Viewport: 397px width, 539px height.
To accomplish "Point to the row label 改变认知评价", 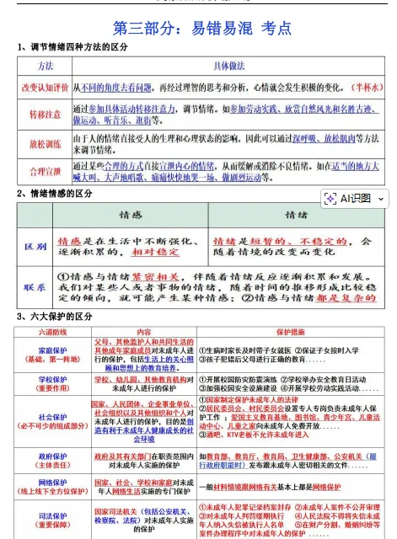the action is click(x=45, y=87).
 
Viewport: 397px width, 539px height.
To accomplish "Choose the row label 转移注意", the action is click(x=45, y=114).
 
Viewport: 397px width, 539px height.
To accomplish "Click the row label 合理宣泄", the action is click(x=45, y=171).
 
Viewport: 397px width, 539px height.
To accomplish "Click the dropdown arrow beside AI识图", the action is click(x=382, y=199).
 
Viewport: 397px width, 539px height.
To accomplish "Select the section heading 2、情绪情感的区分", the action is click(x=56, y=194).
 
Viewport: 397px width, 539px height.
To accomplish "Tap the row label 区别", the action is click(x=35, y=246).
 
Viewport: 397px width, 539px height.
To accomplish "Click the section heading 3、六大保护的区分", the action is click(x=56, y=317).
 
